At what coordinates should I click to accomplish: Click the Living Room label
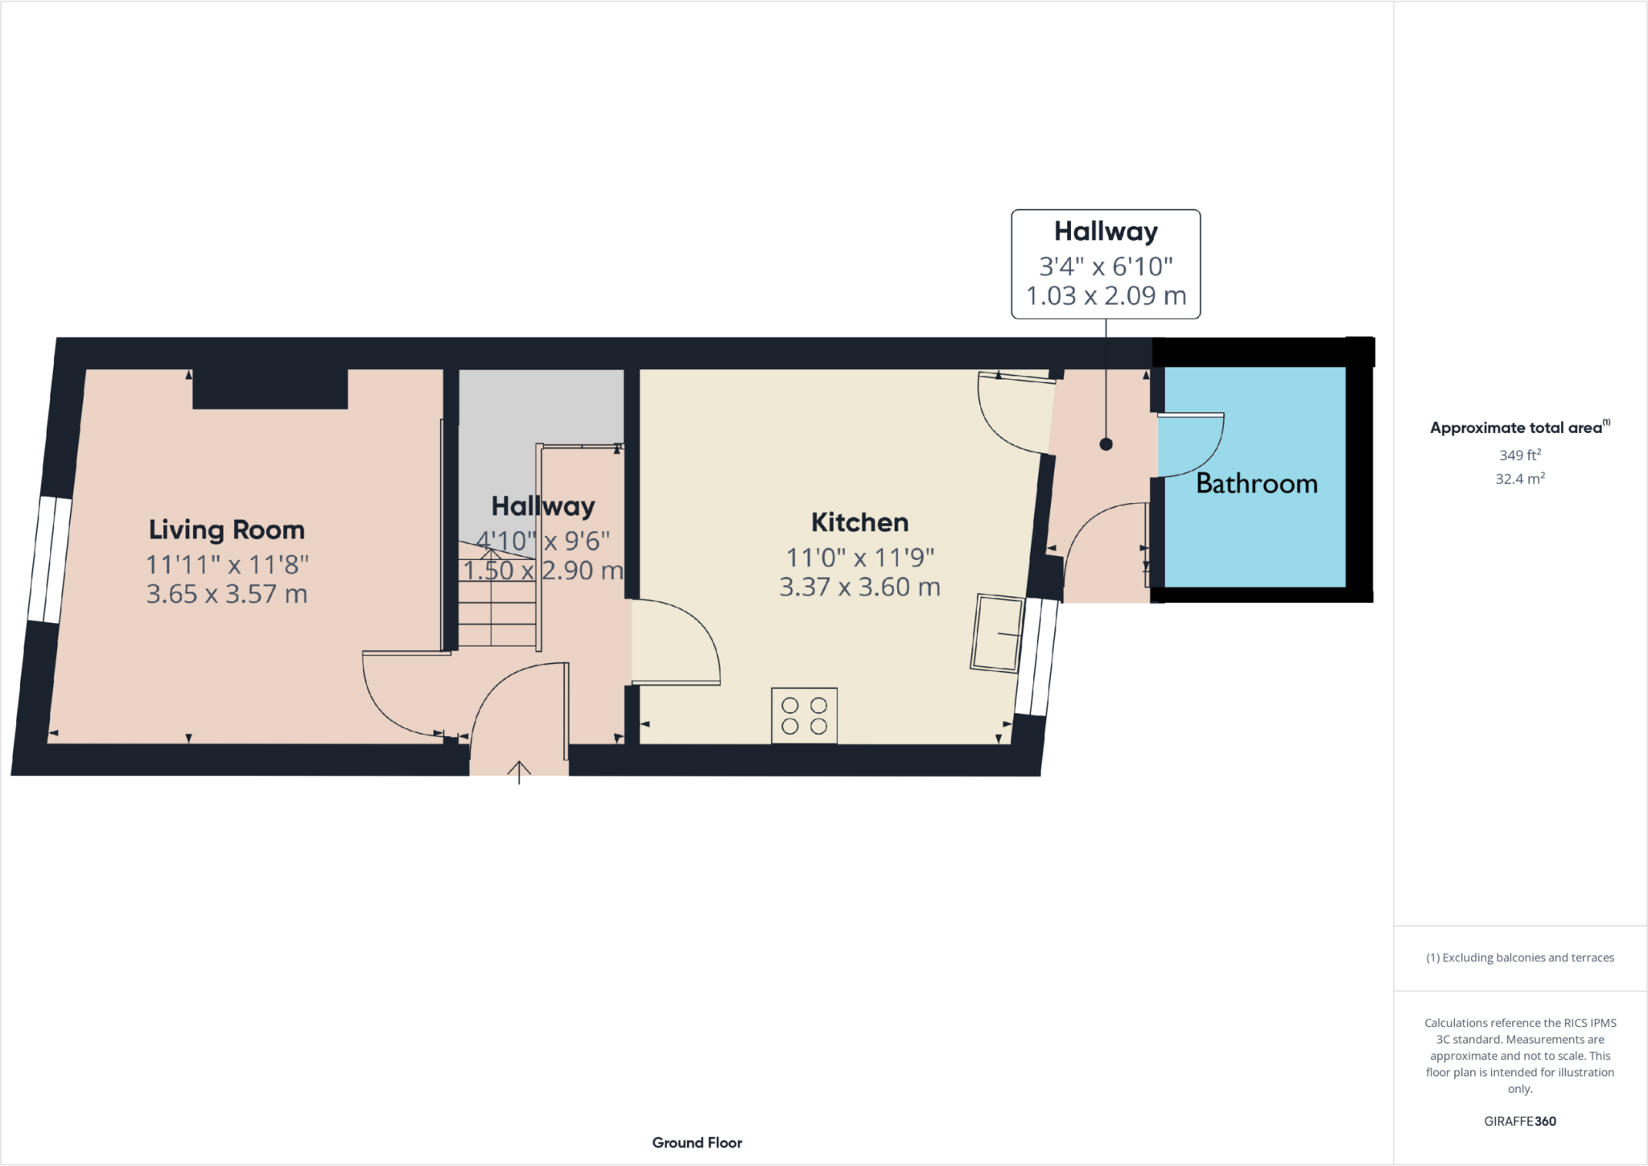pyautogui.click(x=227, y=530)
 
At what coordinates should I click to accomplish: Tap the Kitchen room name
pyautogui.click(x=859, y=522)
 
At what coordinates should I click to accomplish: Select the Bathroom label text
pyautogui.click(x=1257, y=484)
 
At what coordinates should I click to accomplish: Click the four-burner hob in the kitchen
pyautogui.click(x=804, y=715)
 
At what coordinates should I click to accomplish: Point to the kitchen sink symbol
pyautogui.click(x=997, y=633)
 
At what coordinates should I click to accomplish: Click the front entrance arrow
pyautogui.click(x=519, y=772)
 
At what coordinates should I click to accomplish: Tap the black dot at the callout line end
pyautogui.click(x=1106, y=444)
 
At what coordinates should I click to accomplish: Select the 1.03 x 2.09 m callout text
pyautogui.click(x=1106, y=296)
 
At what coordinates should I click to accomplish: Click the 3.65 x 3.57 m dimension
pyautogui.click(x=227, y=595)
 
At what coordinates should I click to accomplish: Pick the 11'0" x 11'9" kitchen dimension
pyautogui.click(x=859, y=558)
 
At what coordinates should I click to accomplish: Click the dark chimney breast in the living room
pyautogui.click(x=270, y=389)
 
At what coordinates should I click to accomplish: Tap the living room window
pyautogui.click(x=49, y=559)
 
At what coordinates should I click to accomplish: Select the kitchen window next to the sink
pyautogui.click(x=1036, y=657)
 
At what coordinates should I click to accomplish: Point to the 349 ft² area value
pyautogui.click(x=1519, y=455)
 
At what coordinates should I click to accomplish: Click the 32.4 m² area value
pyautogui.click(x=1519, y=479)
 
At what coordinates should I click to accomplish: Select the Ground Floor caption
pyautogui.click(x=697, y=1143)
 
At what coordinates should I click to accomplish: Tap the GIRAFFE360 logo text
pyautogui.click(x=1519, y=1121)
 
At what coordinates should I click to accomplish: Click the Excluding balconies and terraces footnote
pyautogui.click(x=1519, y=958)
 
